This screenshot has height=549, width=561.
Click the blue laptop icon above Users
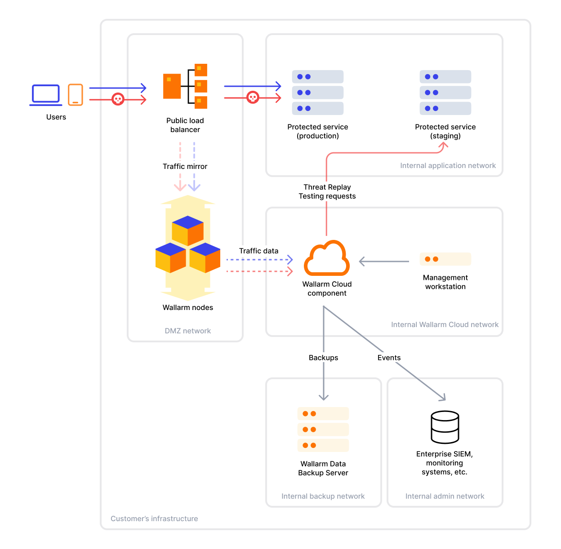45,95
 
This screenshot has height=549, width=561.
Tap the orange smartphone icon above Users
76,94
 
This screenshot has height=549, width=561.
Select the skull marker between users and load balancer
118,99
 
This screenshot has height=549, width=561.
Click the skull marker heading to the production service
253,97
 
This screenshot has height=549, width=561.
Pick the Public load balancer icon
185,86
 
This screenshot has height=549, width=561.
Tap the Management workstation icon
445,259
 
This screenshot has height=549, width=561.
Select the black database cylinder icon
445,427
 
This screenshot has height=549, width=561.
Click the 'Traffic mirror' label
185,166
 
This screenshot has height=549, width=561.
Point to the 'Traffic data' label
258,251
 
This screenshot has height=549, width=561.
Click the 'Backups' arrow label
323,358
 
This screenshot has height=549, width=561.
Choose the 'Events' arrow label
389,358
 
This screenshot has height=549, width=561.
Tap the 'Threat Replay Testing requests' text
327,191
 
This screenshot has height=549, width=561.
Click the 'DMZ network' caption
187,331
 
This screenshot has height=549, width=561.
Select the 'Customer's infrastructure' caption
154,518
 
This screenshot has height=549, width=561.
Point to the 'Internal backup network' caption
323,496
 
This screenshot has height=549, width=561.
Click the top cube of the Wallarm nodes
188,230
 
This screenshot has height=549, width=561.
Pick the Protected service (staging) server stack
445,93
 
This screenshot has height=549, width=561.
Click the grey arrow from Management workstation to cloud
384,261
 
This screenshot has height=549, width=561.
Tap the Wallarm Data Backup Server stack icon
323,429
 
